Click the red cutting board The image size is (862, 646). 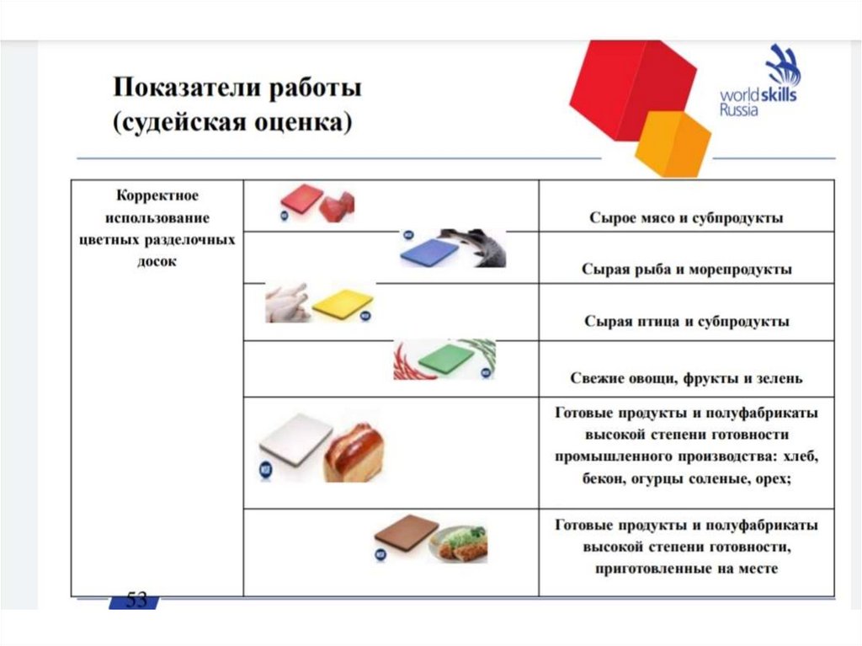[x=301, y=200]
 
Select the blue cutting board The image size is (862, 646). [x=428, y=251]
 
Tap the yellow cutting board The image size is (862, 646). [x=343, y=303]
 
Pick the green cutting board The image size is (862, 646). [x=446, y=359]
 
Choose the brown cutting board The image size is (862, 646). [x=406, y=532]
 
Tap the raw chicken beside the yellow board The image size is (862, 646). [x=288, y=303]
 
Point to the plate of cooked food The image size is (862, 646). [x=459, y=543]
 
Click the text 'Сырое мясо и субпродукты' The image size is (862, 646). [x=686, y=218]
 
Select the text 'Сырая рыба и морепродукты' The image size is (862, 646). [x=686, y=270]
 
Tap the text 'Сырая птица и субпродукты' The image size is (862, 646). [x=686, y=322]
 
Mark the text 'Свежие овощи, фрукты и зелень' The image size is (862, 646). [x=686, y=378]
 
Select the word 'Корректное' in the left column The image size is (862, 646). [x=157, y=196]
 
